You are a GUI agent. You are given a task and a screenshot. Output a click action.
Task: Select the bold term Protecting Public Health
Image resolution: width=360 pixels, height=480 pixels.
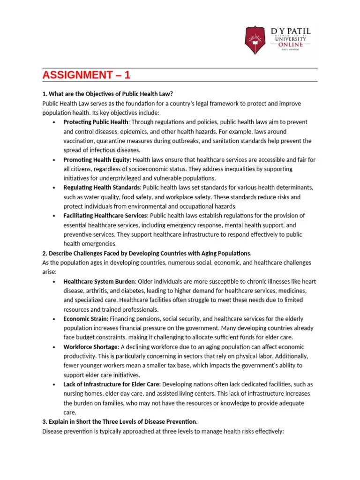[95, 122]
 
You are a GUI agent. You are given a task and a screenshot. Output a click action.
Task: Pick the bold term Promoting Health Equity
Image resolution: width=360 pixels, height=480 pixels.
[95, 159]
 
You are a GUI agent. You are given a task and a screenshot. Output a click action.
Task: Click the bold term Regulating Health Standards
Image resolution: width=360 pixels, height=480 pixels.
[98, 187]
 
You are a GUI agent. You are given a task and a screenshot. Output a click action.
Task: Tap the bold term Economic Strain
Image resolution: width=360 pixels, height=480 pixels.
[84, 319]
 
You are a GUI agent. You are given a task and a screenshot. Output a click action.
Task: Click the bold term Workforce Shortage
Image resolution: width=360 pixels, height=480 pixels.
[90, 347]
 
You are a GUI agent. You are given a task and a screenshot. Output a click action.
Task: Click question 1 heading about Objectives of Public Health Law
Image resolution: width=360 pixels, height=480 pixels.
[111, 94]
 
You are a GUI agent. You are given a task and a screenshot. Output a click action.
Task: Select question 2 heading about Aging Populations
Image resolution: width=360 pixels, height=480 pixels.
[147, 253]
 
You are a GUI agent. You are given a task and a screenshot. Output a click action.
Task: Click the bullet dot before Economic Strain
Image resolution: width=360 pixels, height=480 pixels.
[54, 319]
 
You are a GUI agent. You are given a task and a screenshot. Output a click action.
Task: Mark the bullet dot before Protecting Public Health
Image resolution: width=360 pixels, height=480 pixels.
[54, 122]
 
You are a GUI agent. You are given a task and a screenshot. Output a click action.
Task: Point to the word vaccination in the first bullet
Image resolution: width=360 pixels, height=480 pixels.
[78, 141]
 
